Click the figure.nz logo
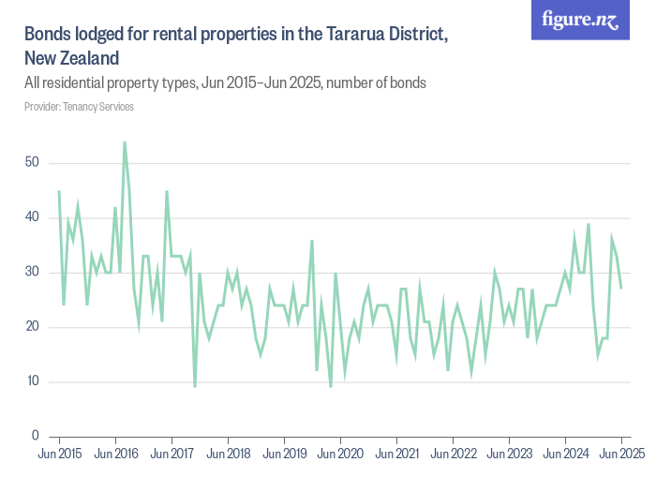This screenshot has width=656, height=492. pyautogui.click(x=580, y=20)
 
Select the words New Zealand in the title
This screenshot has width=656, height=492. pyautogui.click(x=71, y=58)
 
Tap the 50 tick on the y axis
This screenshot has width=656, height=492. pyautogui.click(x=32, y=163)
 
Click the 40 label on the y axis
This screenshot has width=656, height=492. pyautogui.click(x=32, y=217)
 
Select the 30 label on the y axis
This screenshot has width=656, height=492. pyautogui.click(x=32, y=273)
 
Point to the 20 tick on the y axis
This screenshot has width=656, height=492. pyautogui.click(x=32, y=327)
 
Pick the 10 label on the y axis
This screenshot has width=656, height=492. pyautogui.click(x=32, y=381)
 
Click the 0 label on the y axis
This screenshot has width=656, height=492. pyautogui.click(x=35, y=436)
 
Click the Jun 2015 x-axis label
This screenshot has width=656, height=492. pyautogui.click(x=59, y=454)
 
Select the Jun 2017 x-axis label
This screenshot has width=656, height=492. pyautogui.click(x=171, y=454)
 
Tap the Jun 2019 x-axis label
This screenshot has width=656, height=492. pyautogui.click(x=284, y=454)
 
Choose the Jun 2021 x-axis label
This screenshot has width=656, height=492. pyautogui.click(x=396, y=454)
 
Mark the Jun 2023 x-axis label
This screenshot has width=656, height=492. pyautogui.click(x=509, y=454)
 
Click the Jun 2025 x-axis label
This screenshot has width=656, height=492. pyautogui.click(x=621, y=454)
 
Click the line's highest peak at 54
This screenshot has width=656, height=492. pyautogui.click(x=125, y=142)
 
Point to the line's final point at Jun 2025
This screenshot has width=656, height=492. pyautogui.click(x=621, y=289)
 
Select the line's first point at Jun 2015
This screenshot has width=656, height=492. pyautogui.click(x=59, y=191)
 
